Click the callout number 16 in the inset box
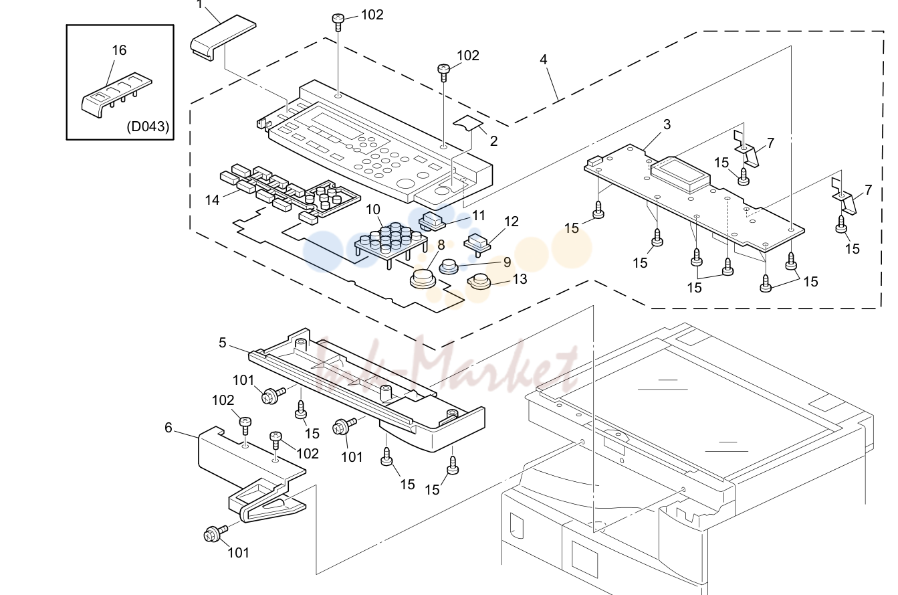[x=119, y=50]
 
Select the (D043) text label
[x=148, y=126]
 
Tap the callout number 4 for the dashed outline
[x=543, y=60]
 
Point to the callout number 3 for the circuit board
[x=667, y=124]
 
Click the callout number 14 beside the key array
[x=212, y=200]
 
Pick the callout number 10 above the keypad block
[x=373, y=209]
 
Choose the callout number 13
[x=520, y=279]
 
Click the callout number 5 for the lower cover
[x=223, y=343]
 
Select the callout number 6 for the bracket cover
[x=169, y=428]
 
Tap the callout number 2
[x=493, y=141]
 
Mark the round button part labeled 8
[x=423, y=279]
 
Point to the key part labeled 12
[x=477, y=244]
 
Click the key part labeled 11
[x=432, y=222]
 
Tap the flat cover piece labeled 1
[x=223, y=37]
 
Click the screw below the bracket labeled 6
[x=215, y=533]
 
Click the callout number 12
[x=511, y=222]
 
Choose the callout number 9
[x=507, y=262]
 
